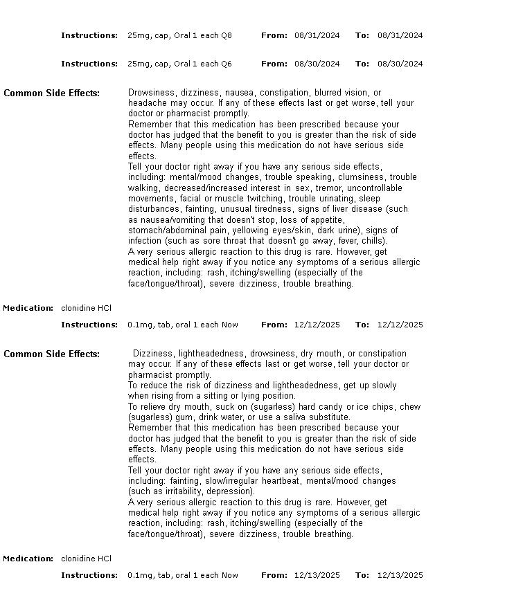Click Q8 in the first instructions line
click(x=227, y=35)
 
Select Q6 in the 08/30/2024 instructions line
click(x=227, y=64)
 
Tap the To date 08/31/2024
click(x=400, y=35)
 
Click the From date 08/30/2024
click(x=317, y=64)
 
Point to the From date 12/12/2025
click(x=317, y=325)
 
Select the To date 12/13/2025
click(x=400, y=575)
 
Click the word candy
click(x=332, y=407)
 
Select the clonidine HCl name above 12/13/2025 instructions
click(x=86, y=559)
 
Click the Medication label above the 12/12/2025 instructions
click(x=28, y=308)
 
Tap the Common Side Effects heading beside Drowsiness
click(x=51, y=93)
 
